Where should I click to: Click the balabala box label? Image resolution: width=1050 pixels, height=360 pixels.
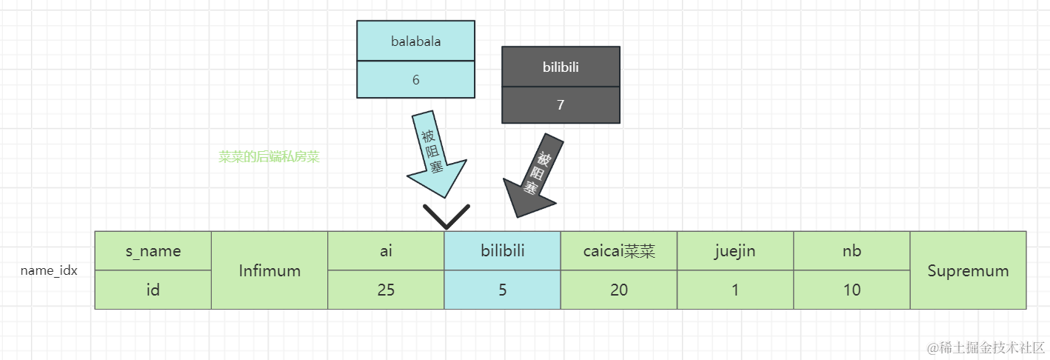pos(416,41)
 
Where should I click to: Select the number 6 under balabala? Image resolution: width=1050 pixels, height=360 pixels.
pos(416,80)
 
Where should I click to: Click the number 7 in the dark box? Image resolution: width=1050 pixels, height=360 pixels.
pos(561,104)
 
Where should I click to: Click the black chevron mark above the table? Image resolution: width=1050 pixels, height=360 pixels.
pos(447,217)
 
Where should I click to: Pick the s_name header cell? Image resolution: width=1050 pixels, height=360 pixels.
pos(153,251)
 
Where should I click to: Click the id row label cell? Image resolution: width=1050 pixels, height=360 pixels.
pos(153,290)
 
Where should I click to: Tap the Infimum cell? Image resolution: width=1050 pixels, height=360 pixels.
pos(270,270)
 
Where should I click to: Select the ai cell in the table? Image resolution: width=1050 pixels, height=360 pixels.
pos(386,251)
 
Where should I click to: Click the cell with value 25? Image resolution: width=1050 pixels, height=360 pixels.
pos(386,290)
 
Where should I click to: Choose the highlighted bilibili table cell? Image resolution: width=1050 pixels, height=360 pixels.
pos(503,251)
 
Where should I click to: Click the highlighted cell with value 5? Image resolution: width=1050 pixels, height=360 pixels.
pos(503,290)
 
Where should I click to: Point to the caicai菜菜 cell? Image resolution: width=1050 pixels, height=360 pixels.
pos(619,251)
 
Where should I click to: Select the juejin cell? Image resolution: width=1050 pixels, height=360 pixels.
pos(735,251)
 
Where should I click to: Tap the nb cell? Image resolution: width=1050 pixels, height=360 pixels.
pos(852,251)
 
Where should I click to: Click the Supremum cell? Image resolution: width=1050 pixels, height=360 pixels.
pos(968,270)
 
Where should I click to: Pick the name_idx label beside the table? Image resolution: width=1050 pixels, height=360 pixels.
pos(49,270)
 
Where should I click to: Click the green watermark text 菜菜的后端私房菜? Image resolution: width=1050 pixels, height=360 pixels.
pos(269,156)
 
